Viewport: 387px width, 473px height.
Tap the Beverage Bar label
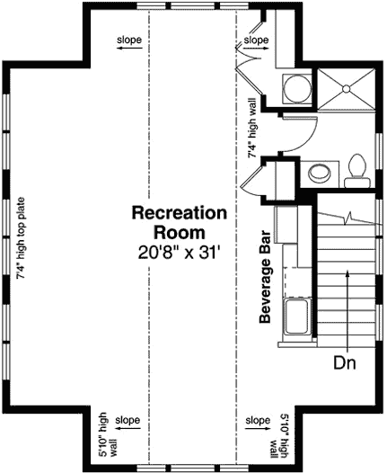(266, 281)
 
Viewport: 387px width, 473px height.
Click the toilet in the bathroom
(356, 169)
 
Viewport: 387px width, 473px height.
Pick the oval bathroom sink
(317, 173)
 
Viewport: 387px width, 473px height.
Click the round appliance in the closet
(295, 88)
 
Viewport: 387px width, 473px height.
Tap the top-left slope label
(128, 40)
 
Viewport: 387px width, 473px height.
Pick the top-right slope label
(256, 40)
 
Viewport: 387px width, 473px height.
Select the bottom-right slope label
(258, 420)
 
